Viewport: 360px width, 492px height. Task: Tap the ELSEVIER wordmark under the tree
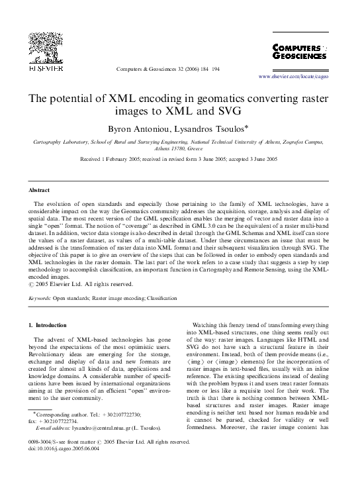pos(41,68)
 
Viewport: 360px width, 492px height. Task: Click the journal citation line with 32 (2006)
pos(170,68)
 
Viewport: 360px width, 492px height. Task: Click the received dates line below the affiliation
pos(179,160)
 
